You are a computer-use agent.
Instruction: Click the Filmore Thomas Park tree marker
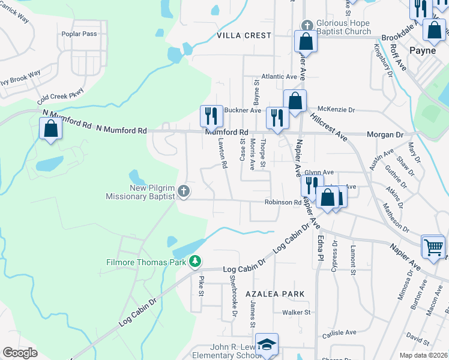(194, 262)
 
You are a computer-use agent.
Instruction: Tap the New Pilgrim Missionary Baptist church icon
(184, 192)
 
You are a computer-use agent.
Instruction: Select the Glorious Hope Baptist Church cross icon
(307, 25)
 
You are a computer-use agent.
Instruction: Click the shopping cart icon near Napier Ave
(433, 245)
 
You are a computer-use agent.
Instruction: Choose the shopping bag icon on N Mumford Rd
(50, 128)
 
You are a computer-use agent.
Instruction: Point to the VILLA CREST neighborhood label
(244, 36)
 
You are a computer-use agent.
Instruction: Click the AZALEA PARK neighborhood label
(275, 294)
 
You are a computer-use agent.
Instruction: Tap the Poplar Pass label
(79, 34)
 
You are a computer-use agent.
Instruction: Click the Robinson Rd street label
(283, 203)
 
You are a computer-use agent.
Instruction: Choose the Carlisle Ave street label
(339, 332)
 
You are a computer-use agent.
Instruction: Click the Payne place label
(422, 51)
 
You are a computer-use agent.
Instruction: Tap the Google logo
(20, 353)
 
